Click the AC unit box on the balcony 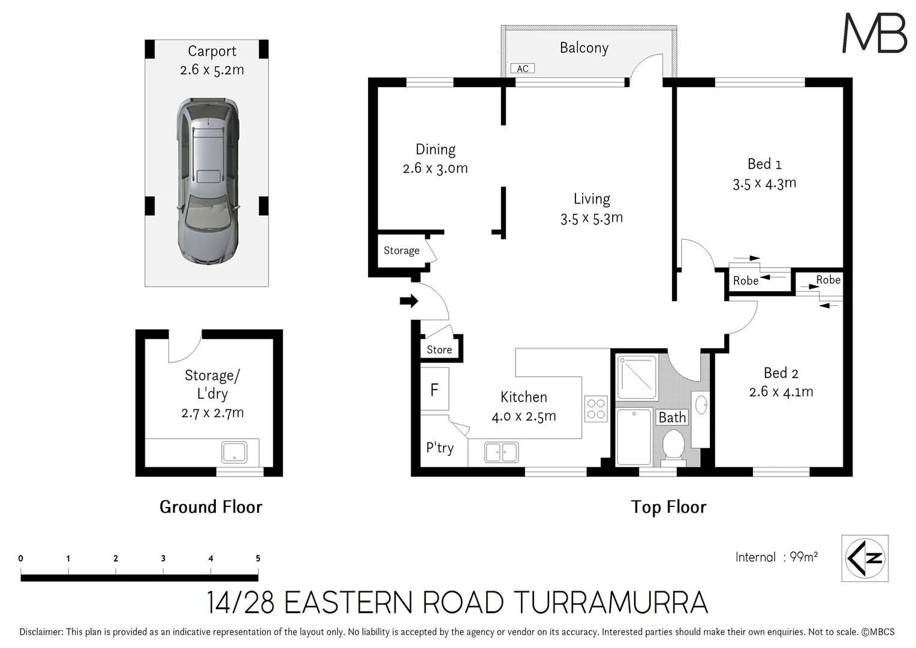[x=522, y=69]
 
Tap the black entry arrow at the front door [x=409, y=301]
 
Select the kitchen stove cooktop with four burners [x=596, y=409]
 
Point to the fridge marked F [x=435, y=390]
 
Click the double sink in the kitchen [x=501, y=452]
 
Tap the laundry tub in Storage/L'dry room [x=234, y=452]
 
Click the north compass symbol [x=864, y=558]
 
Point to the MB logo [x=875, y=33]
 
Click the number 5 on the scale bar [x=258, y=558]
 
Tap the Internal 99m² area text [x=776, y=557]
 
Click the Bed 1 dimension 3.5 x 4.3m [x=764, y=183]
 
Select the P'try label [x=439, y=448]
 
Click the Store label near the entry [x=439, y=350]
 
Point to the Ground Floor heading [x=210, y=507]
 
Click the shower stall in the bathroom [x=637, y=378]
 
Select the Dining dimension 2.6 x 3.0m [x=435, y=169]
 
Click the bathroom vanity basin [x=700, y=403]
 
